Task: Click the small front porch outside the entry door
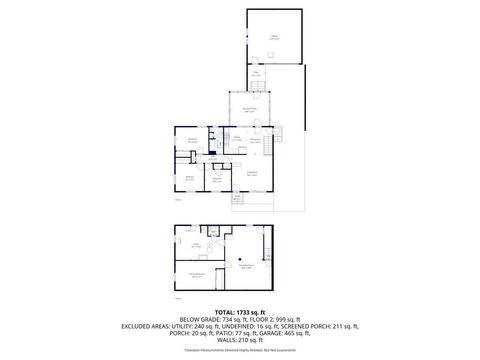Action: click(x=237, y=198)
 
